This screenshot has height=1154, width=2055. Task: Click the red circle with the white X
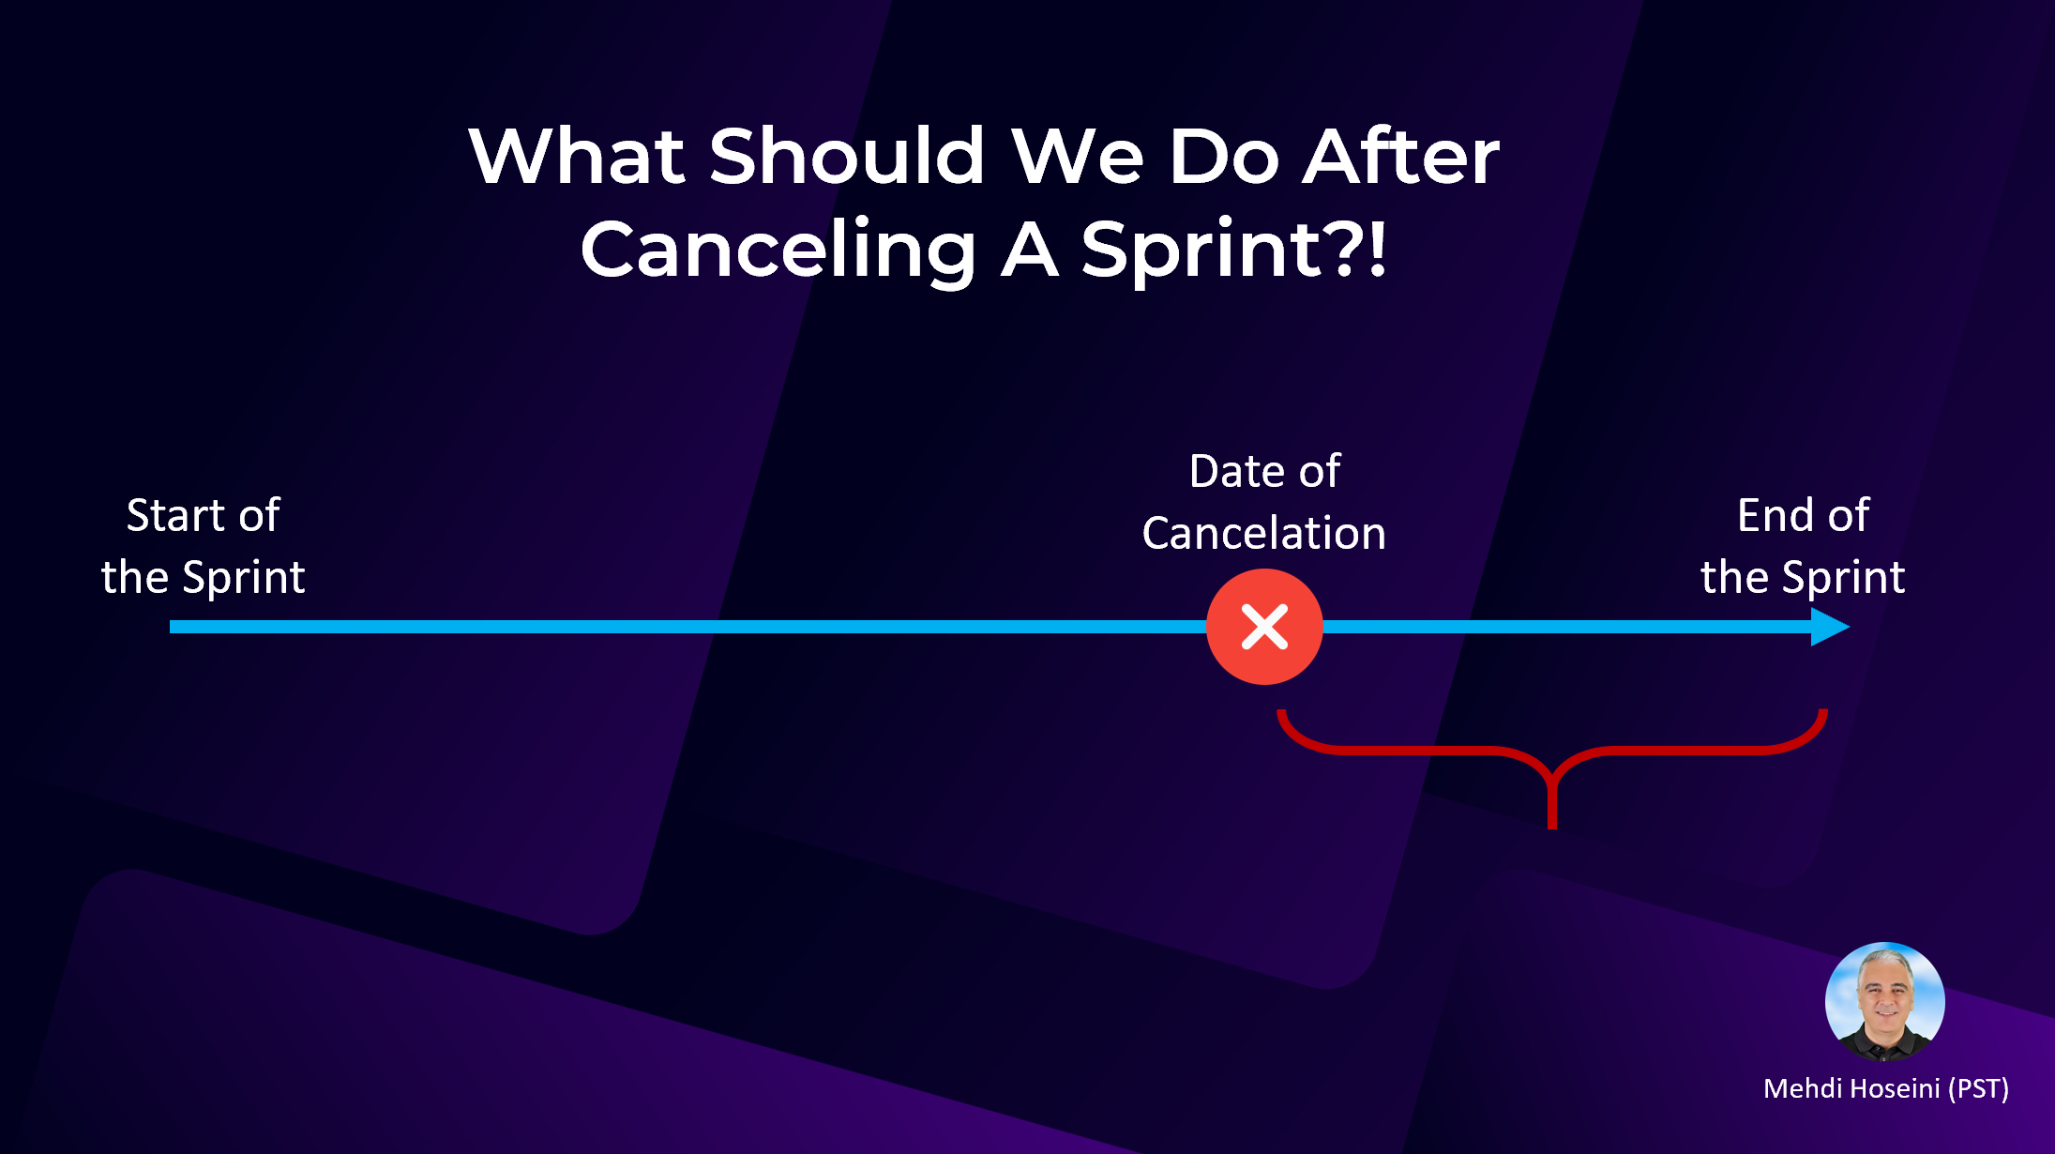pyautogui.click(x=1264, y=627)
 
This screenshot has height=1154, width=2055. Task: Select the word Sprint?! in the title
pyautogui.click(x=1233, y=250)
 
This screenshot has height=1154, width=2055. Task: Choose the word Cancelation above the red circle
pyautogui.click(x=1263, y=533)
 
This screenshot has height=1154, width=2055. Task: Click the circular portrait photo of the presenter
pyautogui.click(x=1884, y=1001)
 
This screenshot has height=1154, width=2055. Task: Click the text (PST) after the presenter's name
pyautogui.click(x=1978, y=1088)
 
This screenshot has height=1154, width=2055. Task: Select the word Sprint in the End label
pyautogui.click(x=1844, y=577)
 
